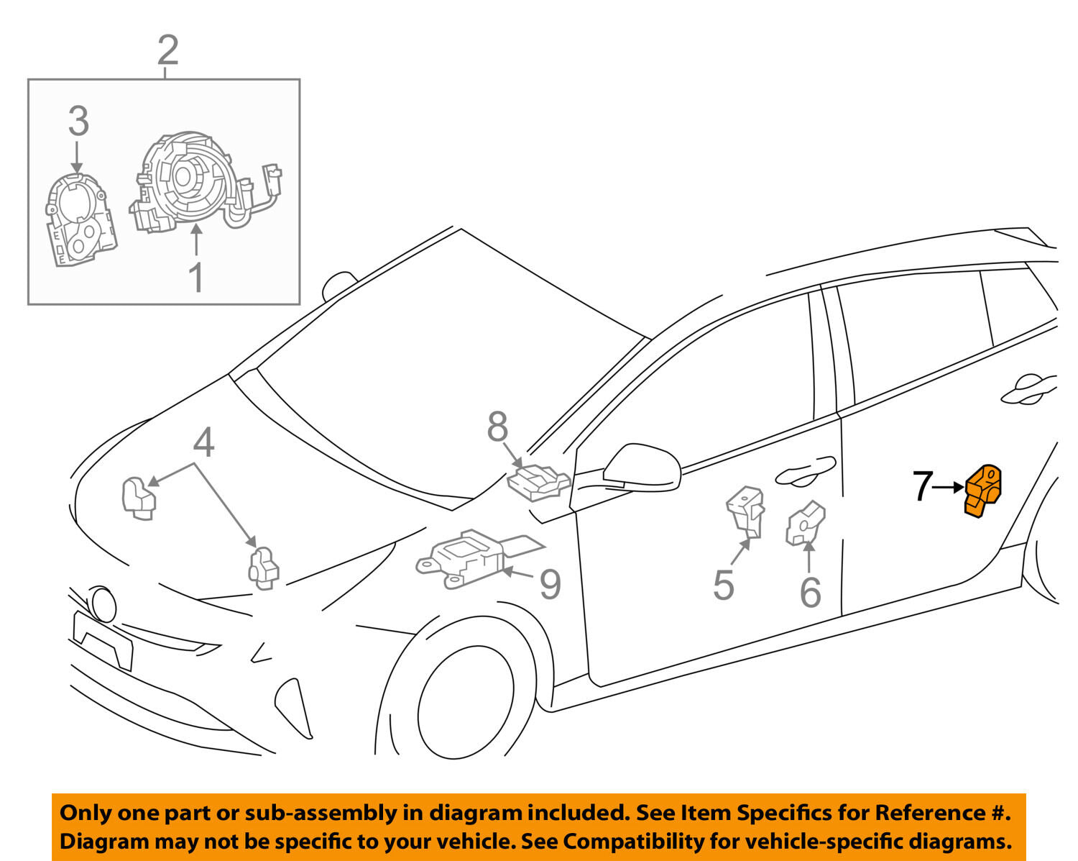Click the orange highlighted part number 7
coord(982,491)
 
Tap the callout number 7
coord(923,486)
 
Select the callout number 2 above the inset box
coord(168,50)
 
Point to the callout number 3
coord(78,121)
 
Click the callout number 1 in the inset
coord(196,278)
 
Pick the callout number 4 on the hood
coord(203,442)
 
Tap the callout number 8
coord(497,427)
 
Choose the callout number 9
coord(550,583)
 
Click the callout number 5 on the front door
coord(724,585)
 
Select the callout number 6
coord(811,592)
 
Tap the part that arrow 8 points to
coord(538,483)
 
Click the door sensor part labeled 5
coord(746,511)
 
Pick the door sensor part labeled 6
coord(805,524)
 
